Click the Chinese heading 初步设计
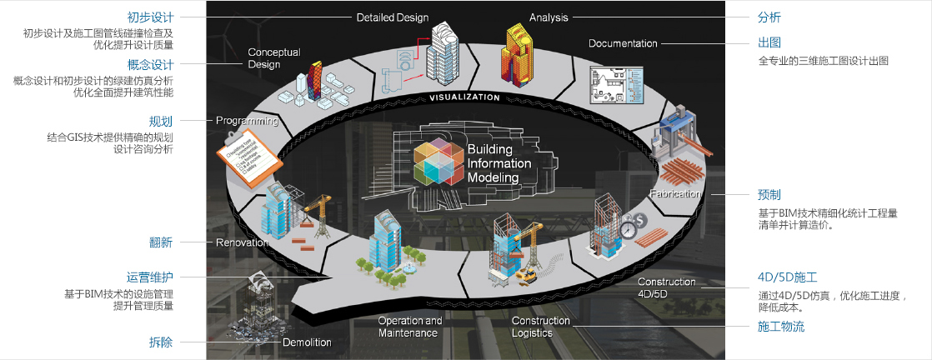click(150, 17)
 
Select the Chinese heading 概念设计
click(150, 65)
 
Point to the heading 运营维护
click(150, 277)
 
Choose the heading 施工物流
click(781, 327)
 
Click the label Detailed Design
click(392, 17)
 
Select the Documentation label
click(623, 43)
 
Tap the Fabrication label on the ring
click(675, 194)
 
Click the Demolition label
click(307, 342)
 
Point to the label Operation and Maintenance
click(410, 327)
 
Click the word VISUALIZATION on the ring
click(465, 97)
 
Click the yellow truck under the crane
click(525, 274)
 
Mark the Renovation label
click(241, 243)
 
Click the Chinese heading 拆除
click(161, 342)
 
